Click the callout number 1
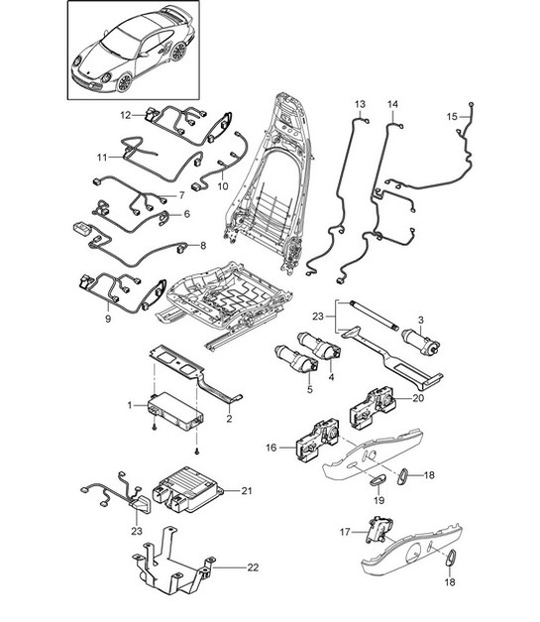(x=129, y=405)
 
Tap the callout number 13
(x=361, y=104)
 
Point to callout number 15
(x=452, y=117)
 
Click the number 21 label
(x=248, y=490)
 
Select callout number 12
(x=126, y=115)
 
